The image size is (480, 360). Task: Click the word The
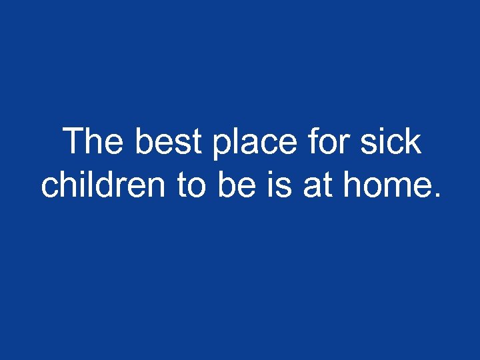(95, 142)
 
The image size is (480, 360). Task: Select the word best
(170, 142)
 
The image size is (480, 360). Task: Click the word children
(104, 185)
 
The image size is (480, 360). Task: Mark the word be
(235, 185)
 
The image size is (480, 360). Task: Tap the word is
(278, 186)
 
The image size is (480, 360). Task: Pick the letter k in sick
(413, 142)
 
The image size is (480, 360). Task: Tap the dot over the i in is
(271, 173)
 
